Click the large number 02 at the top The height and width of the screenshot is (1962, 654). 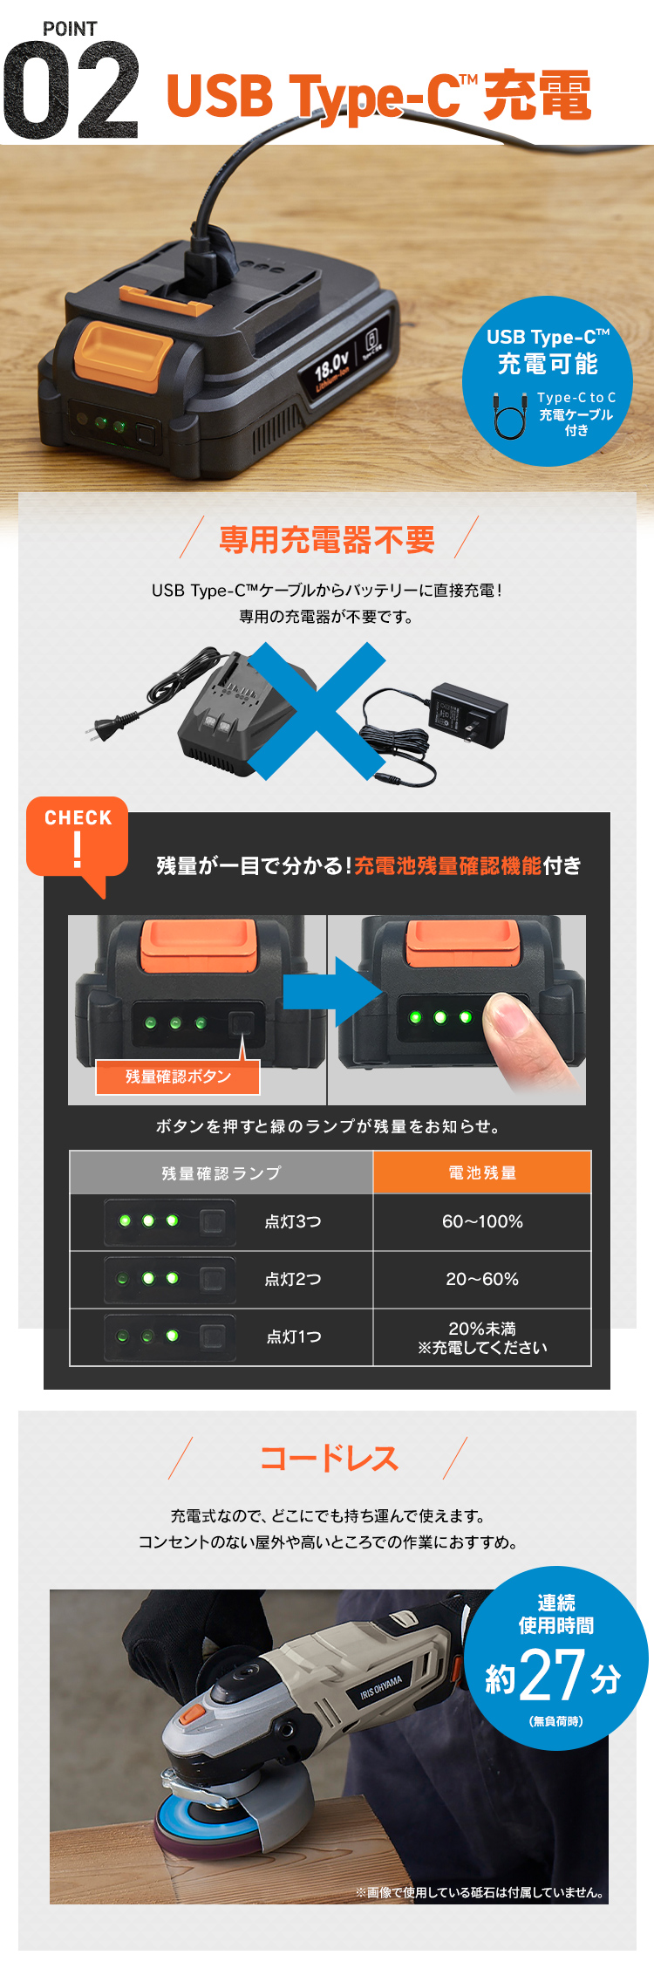(x=71, y=91)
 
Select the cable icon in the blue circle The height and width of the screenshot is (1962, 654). (x=510, y=414)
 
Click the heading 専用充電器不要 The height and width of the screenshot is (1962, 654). (x=327, y=540)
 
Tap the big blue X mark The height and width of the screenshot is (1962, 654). (x=317, y=709)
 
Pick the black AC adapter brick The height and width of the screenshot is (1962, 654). (x=467, y=714)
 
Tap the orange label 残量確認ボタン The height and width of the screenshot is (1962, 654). (x=178, y=1077)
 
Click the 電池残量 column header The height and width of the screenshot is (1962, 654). (x=482, y=1173)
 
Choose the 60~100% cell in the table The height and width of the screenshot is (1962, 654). (x=482, y=1222)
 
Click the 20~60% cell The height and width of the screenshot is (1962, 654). (x=482, y=1280)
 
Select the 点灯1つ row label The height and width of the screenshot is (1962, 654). (x=294, y=1336)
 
